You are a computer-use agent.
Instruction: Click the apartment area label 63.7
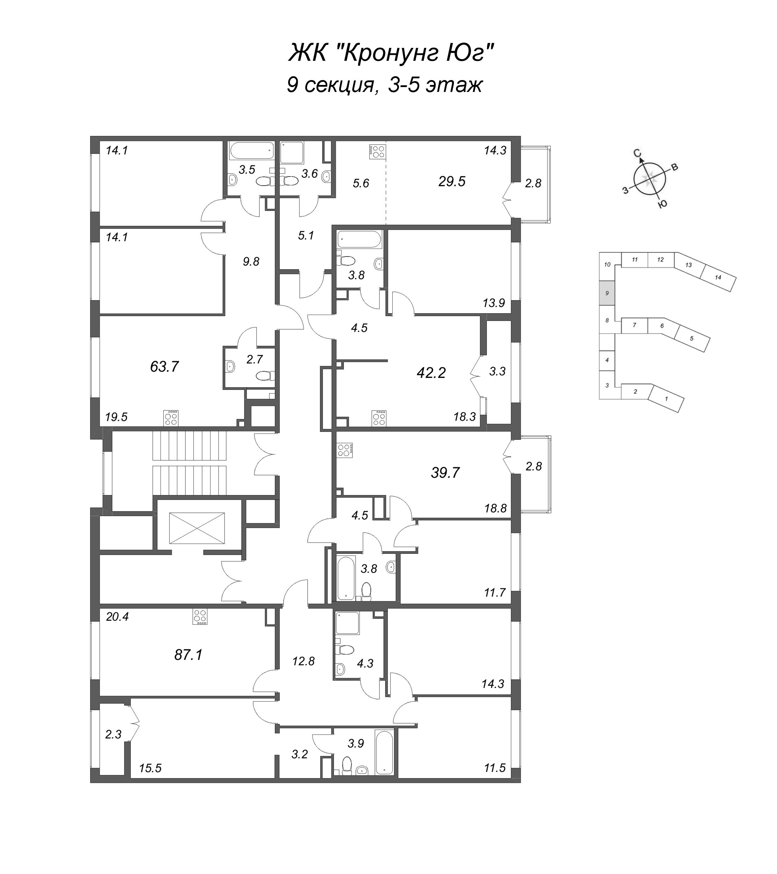[x=164, y=366]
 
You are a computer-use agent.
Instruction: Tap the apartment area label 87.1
[x=188, y=654]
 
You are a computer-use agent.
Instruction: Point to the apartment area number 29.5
[x=451, y=181]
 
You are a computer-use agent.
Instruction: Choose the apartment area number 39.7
[x=445, y=473]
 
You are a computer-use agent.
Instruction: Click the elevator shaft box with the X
[x=197, y=528]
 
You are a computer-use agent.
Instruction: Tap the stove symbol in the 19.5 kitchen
[x=171, y=418]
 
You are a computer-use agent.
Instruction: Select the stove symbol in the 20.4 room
[x=200, y=617]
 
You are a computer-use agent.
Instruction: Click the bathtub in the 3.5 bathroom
[x=251, y=151]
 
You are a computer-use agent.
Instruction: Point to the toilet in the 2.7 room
[x=265, y=376]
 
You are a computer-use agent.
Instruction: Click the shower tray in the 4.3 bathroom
[x=348, y=623]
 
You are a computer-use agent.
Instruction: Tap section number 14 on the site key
[x=718, y=277]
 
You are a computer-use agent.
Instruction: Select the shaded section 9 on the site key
[x=607, y=293]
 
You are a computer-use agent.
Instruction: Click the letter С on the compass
[x=637, y=153]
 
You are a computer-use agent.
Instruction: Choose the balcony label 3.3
[x=497, y=371]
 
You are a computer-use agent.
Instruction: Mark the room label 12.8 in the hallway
[x=303, y=661]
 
